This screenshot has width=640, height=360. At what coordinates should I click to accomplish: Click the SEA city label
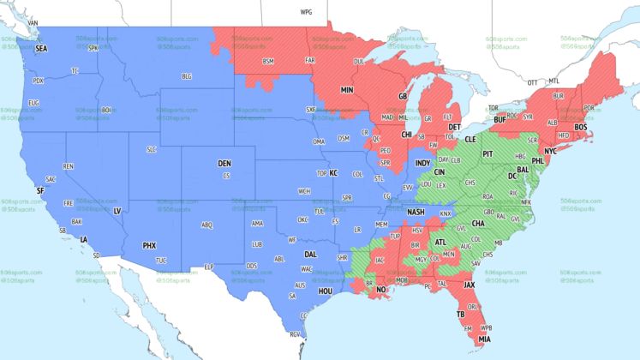coord(41,49)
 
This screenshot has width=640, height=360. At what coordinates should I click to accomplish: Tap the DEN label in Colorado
coord(224,163)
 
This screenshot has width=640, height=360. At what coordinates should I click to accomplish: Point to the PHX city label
coord(149,246)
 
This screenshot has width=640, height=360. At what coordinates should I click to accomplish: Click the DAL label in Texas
coord(310,255)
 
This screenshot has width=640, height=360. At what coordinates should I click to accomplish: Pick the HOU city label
coord(325,291)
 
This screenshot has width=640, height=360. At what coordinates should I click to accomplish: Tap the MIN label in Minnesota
coord(347,89)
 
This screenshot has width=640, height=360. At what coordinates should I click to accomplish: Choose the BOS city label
coord(581,127)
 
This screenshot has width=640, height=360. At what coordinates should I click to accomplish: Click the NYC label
coord(551,151)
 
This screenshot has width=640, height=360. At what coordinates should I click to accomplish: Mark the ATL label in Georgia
coord(440,242)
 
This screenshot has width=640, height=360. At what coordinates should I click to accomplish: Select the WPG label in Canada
coord(307,13)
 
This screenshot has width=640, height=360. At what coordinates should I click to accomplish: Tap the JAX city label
coord(469,284)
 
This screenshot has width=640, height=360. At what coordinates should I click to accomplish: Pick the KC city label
coord(334,173)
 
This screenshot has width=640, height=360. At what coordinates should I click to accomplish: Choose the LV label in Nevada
coord(117,210)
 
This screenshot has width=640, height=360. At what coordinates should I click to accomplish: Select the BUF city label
coord(501,120)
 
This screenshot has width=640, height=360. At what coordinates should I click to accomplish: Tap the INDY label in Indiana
coord(423,163)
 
